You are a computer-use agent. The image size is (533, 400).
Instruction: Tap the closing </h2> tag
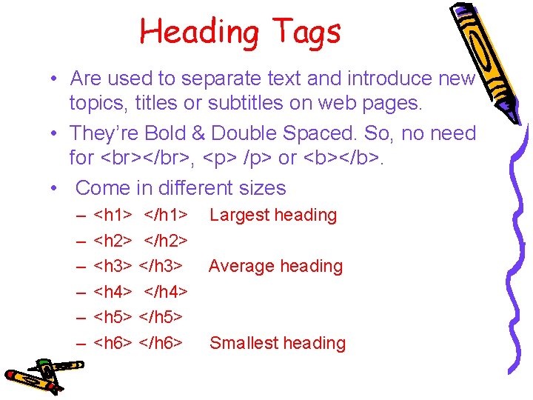click(166, 241)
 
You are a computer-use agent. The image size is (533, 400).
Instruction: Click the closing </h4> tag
click(166, 292)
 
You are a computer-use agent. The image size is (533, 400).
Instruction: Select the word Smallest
click(244, 343)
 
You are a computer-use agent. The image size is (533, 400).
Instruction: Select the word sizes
click(260, 188)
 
